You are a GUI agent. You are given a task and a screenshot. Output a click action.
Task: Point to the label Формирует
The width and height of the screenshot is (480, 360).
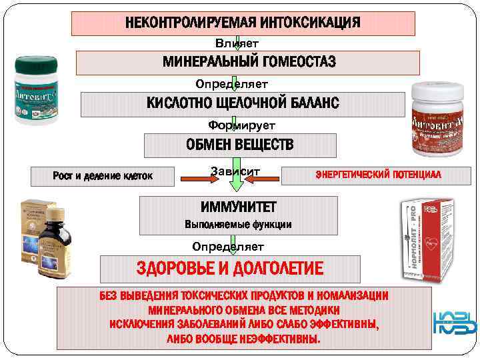click(241, 125)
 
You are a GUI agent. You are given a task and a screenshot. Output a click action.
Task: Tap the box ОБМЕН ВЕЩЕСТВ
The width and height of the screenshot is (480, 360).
click(240, 145)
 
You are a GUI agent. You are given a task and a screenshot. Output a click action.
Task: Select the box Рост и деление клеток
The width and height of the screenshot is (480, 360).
click(103, 176)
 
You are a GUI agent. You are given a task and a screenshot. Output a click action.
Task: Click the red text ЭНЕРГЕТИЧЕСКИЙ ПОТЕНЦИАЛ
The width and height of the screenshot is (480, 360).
click(379, 175)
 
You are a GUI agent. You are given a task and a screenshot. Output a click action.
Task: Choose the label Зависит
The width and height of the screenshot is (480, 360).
click(235, 171)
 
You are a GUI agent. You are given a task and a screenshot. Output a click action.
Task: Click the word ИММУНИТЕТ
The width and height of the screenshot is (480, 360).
click(238, 207)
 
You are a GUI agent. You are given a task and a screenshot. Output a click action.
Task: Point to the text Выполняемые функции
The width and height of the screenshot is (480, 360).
click(238, 224)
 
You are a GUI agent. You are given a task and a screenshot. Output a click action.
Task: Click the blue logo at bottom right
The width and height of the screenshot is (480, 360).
click(455, 323)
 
